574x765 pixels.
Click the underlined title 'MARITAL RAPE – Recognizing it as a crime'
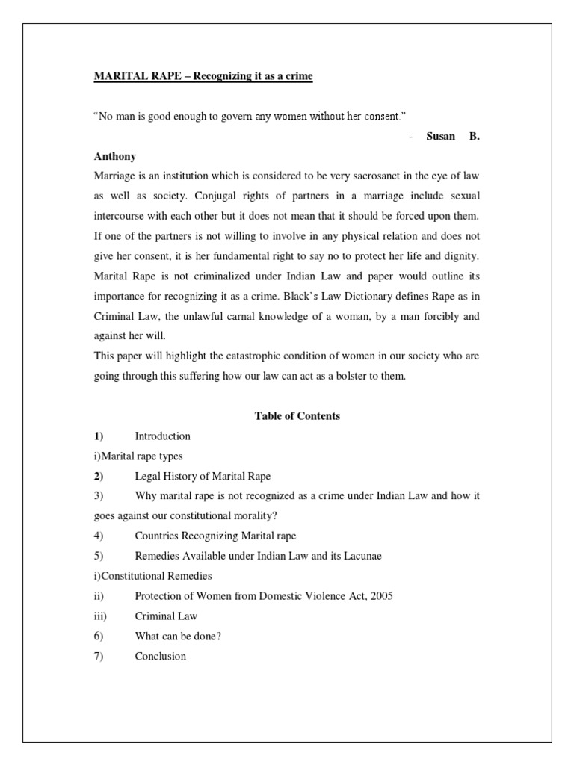[203, 76]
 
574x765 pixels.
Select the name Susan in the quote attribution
[441, 137]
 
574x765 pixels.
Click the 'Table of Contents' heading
[297, 416]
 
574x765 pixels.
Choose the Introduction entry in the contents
[162, 436]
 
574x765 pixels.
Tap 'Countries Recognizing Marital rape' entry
[216, 536]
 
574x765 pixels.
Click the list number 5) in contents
[99, 557]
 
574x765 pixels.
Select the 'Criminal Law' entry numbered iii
[166, 616]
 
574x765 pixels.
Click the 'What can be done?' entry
[178, 637]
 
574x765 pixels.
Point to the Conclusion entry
[160, 657]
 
